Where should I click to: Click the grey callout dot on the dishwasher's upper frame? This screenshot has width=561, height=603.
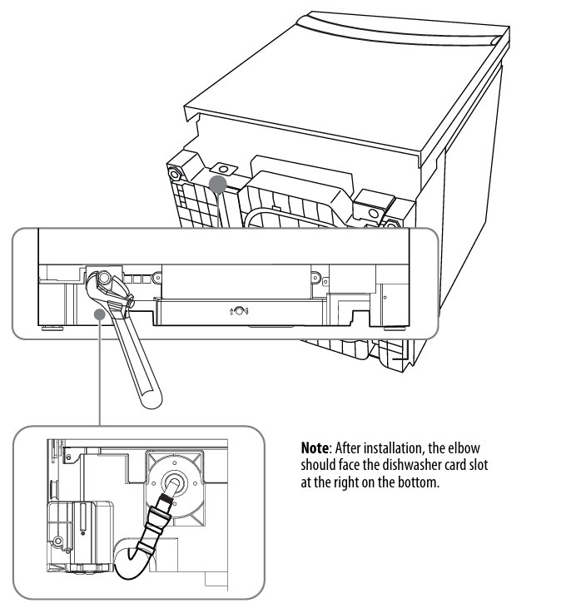220,181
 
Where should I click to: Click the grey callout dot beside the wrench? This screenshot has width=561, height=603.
102,311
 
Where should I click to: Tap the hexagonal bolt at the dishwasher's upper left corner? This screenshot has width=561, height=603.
176,175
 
